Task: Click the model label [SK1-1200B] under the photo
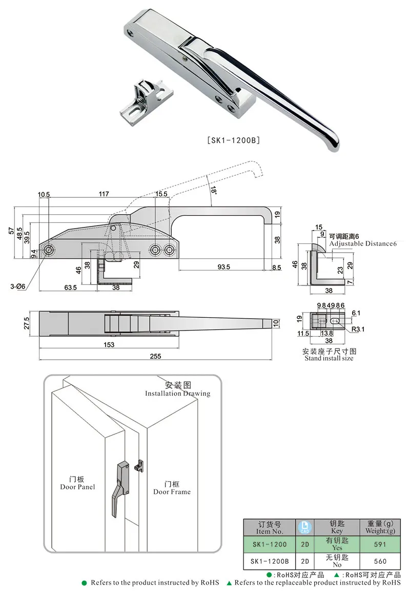pyautogui.click(x=234, y=140)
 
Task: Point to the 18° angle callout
pyautogui.click(x=213, y=190)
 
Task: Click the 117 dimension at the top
pyautogui.click(x=104, y=194)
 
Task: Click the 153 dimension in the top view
pyautogui.click(x=109, y=345)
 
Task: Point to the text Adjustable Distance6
pyautogui.click(x=363, y=243)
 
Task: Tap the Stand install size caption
pyautogui.click(x=329, y=358)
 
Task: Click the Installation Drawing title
pyautogui.click(x=177, y=393)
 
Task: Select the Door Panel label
pyautogui.click(x=77, y=486)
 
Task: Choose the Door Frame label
pyautogui.click(x=172, y=491)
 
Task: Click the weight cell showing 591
pyautogui.click(x=380, y=544)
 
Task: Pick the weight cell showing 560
pyautogui.click(x=380, y=561)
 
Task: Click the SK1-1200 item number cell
pyautogui.click(x=269, y=544)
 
